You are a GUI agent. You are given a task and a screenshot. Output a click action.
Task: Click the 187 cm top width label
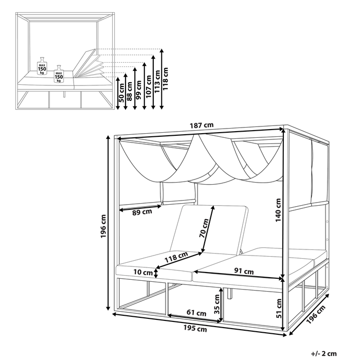(x=202, y=125)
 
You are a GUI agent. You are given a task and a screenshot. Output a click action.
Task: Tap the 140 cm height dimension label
(x=278, y=210)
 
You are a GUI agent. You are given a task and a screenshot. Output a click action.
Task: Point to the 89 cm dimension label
(x=142, y=211)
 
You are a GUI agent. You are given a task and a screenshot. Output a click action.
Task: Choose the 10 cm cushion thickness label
(x=143, y=272)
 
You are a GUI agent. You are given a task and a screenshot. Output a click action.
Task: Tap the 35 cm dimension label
(x=217, y=302)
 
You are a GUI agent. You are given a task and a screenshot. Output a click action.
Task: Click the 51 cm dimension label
(x=279, y=307)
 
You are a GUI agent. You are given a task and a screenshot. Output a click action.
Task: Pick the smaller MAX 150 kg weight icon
(x=59, y=74)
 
